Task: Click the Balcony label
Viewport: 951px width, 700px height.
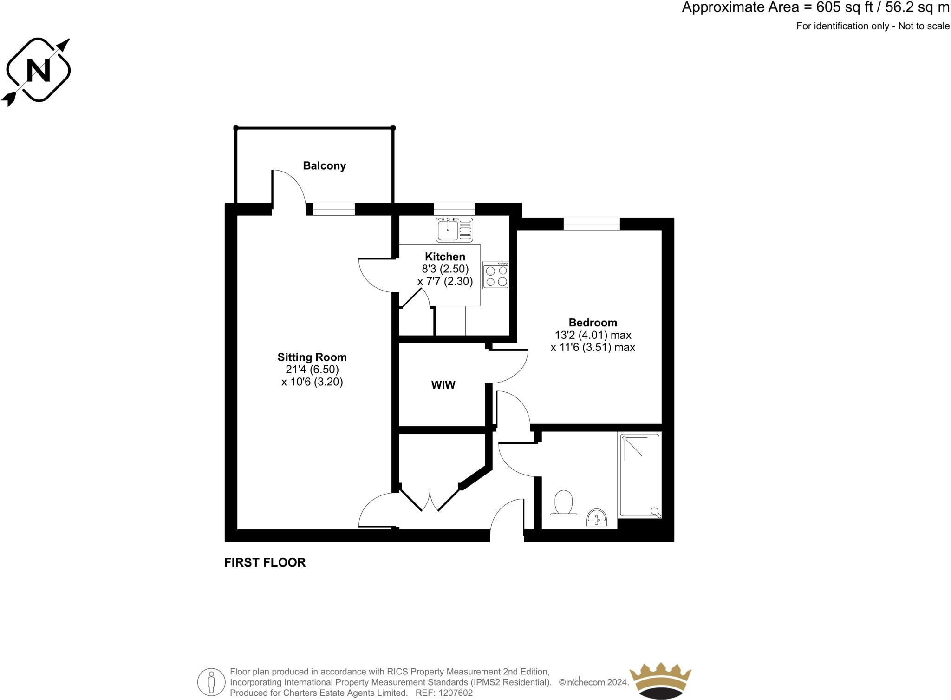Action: click(324, 166)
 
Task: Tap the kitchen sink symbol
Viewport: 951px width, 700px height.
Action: click(454, 230)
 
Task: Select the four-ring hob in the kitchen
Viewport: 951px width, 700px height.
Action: click(496, 276)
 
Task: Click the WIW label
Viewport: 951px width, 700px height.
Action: click(443, 385)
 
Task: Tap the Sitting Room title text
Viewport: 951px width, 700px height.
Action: click(312, 357)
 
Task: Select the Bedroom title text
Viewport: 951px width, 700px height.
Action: click(593, 323)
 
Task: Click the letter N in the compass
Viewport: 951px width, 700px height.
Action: click(38, 71)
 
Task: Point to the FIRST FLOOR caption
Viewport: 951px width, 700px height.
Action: click(265, 562)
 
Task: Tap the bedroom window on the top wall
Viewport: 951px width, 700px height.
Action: click(592, 224)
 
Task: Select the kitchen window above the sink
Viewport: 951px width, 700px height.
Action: click(454, 209)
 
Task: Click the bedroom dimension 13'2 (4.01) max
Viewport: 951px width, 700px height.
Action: click(593, 335)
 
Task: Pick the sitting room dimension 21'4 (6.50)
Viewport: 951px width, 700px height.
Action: click(312, 370)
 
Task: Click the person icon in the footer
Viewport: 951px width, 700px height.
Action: click(211, 682)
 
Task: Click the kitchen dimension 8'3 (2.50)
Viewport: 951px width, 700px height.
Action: click(445, 269)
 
